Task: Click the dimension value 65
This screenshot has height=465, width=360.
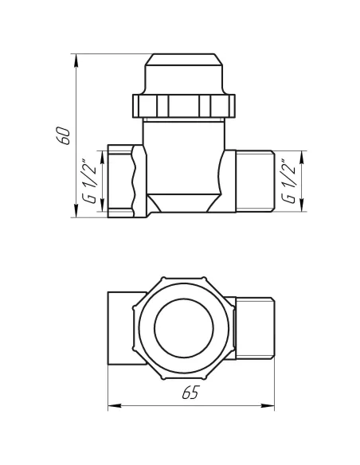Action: pos(190,393)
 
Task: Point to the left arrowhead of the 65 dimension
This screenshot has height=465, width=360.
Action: pos(111,406)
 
